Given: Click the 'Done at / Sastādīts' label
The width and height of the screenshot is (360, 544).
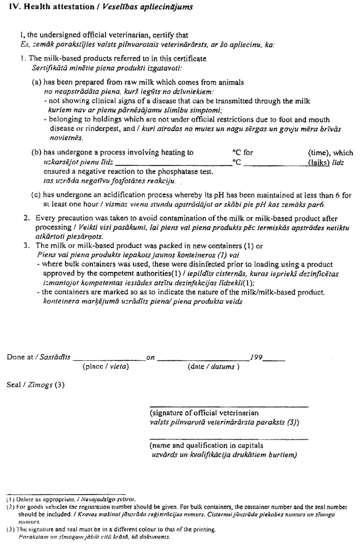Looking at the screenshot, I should coord(39,358).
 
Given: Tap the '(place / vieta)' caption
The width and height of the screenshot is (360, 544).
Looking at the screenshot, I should coord(106,366).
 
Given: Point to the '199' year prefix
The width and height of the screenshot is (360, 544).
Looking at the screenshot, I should coord(256,358).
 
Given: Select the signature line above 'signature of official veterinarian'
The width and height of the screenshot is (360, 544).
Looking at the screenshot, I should coord(228,407).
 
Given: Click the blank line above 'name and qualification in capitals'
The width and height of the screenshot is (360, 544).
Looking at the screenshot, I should coord(228,439).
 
